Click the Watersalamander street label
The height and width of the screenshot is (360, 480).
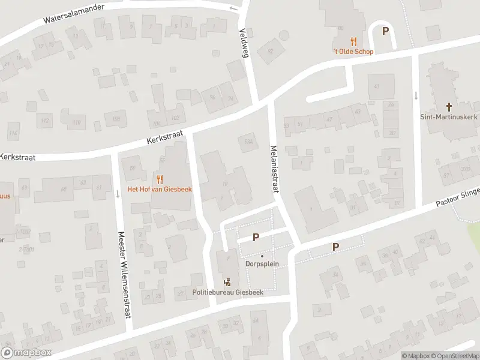point(74,14)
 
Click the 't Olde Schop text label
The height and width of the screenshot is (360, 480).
point(353,52)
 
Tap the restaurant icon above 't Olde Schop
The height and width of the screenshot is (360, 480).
point(353,41)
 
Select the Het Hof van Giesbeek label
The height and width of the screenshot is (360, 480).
point(159,188)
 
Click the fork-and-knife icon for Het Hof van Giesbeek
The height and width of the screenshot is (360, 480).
point(160,178)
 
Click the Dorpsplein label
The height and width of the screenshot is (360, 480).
point(262,263)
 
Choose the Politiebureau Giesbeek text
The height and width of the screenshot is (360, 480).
point(227,292)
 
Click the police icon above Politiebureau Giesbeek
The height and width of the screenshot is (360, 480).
point(227,282)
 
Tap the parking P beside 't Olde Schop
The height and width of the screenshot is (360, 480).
point(385,31)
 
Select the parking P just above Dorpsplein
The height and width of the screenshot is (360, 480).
point(256,237)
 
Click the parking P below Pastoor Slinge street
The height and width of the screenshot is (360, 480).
point(335,247)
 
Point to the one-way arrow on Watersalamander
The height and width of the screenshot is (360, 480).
point(233,8)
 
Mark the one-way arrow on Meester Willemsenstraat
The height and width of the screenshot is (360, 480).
point(117,194)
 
